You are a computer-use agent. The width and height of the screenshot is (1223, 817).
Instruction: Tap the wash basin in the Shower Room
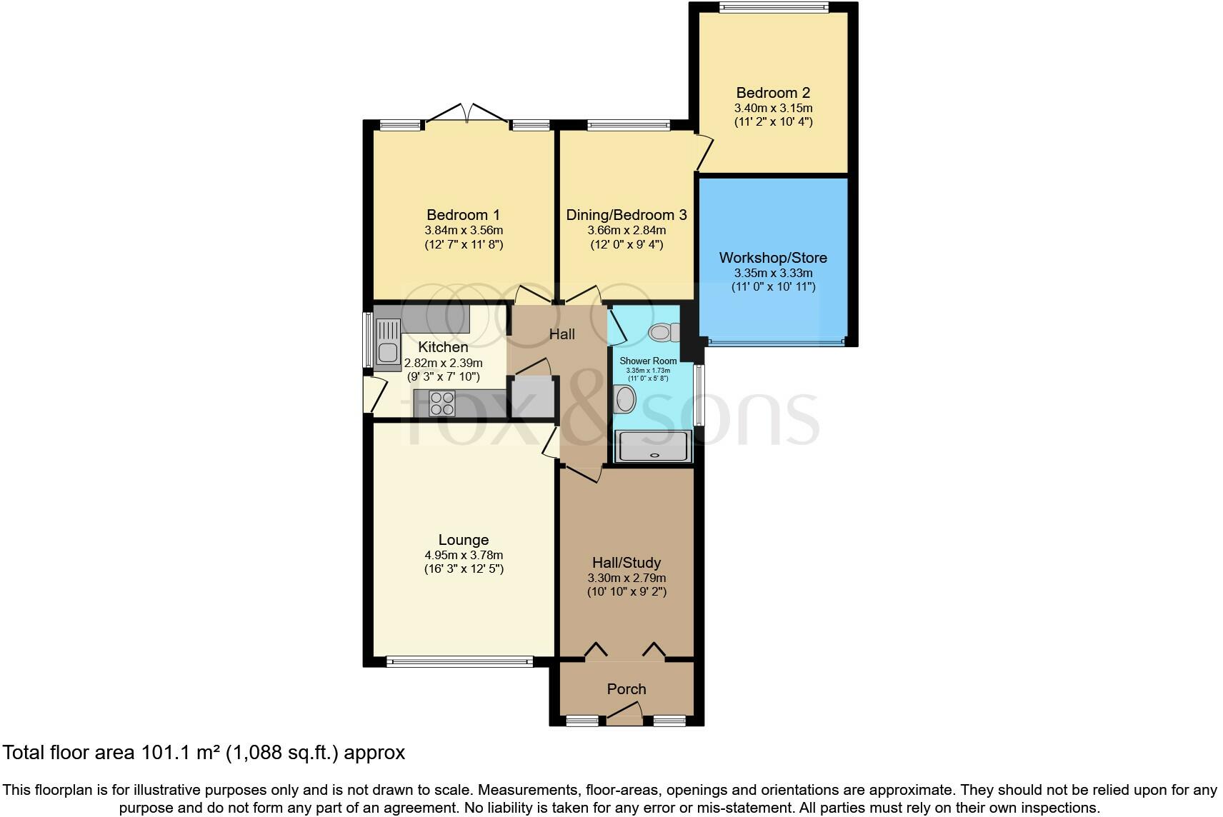625,399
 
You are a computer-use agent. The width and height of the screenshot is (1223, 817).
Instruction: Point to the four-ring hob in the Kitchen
442,404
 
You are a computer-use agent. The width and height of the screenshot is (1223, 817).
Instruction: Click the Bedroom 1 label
463,215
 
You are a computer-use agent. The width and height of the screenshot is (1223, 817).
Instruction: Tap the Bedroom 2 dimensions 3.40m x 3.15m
773,108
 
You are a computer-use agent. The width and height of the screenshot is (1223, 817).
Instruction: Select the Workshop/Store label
773,258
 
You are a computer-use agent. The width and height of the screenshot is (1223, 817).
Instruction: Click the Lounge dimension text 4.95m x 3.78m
464,555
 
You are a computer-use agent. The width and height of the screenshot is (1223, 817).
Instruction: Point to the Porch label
627,689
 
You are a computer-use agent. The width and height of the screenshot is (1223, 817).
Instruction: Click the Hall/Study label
627,563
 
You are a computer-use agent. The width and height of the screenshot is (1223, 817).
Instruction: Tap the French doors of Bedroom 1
467,114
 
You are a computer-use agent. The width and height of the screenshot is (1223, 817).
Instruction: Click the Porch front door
625,712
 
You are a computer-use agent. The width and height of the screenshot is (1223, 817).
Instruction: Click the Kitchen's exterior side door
371,395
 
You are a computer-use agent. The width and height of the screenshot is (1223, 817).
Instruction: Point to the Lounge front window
459,662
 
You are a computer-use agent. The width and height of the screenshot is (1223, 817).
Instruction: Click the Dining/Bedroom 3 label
627,215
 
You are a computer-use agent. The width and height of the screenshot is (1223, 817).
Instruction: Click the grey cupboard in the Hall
531,397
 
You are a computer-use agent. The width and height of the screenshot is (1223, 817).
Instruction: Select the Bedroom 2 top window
773,8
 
